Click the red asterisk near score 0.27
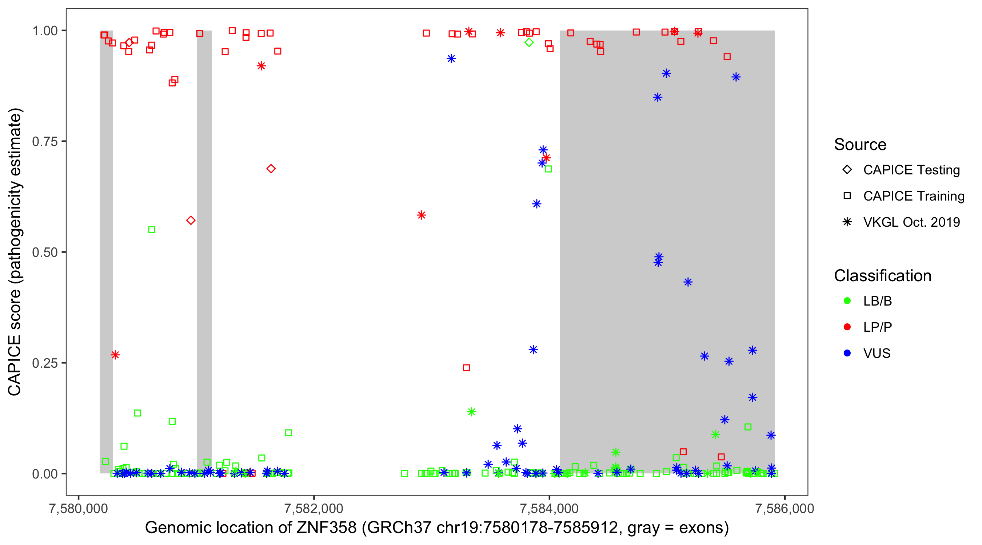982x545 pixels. (x=115, y=355)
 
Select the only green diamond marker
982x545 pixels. (x=529, y=42)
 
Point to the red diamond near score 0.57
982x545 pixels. (x=191, y=220)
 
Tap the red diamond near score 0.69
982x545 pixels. (x=271, y=168)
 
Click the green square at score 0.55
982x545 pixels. (x=152, y=230)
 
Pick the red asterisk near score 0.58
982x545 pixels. (x=421, y=215)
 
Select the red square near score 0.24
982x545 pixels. (x=466, y=368)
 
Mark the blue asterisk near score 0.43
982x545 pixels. (x=688, y=282)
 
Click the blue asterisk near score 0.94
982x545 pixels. (x=451, y=58)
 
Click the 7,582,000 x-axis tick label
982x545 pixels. (x=314, y=508)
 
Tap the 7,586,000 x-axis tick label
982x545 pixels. (x=785, y=508)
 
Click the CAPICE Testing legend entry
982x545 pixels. (x=911, y=170)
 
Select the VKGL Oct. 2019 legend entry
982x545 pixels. (x=911, y=222)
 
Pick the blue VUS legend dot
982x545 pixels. (x=847, y=353)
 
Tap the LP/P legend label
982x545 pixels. (x=878, y=327)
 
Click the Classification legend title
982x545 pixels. (x=882, y=275)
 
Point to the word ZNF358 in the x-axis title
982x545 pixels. (x=327, y=528)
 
